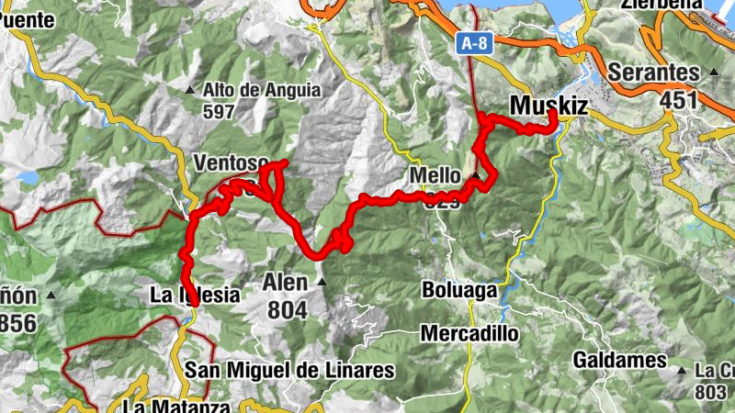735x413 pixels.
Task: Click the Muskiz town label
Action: point(548,106)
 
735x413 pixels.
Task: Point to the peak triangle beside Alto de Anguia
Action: point(190,90)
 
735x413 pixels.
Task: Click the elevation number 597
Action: point(220,112)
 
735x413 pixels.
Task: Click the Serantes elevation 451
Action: point(680,100)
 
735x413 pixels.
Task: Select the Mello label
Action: point(435,175)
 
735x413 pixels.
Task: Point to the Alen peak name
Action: point(286,282)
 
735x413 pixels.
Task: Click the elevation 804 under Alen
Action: point(288,310)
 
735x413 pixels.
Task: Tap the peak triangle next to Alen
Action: point(321,282)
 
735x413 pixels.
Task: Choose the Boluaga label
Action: point(459,290)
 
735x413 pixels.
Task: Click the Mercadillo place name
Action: point(469,333)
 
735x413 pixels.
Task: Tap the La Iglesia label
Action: point(194,296)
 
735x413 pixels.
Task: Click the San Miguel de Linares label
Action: point(289,370)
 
